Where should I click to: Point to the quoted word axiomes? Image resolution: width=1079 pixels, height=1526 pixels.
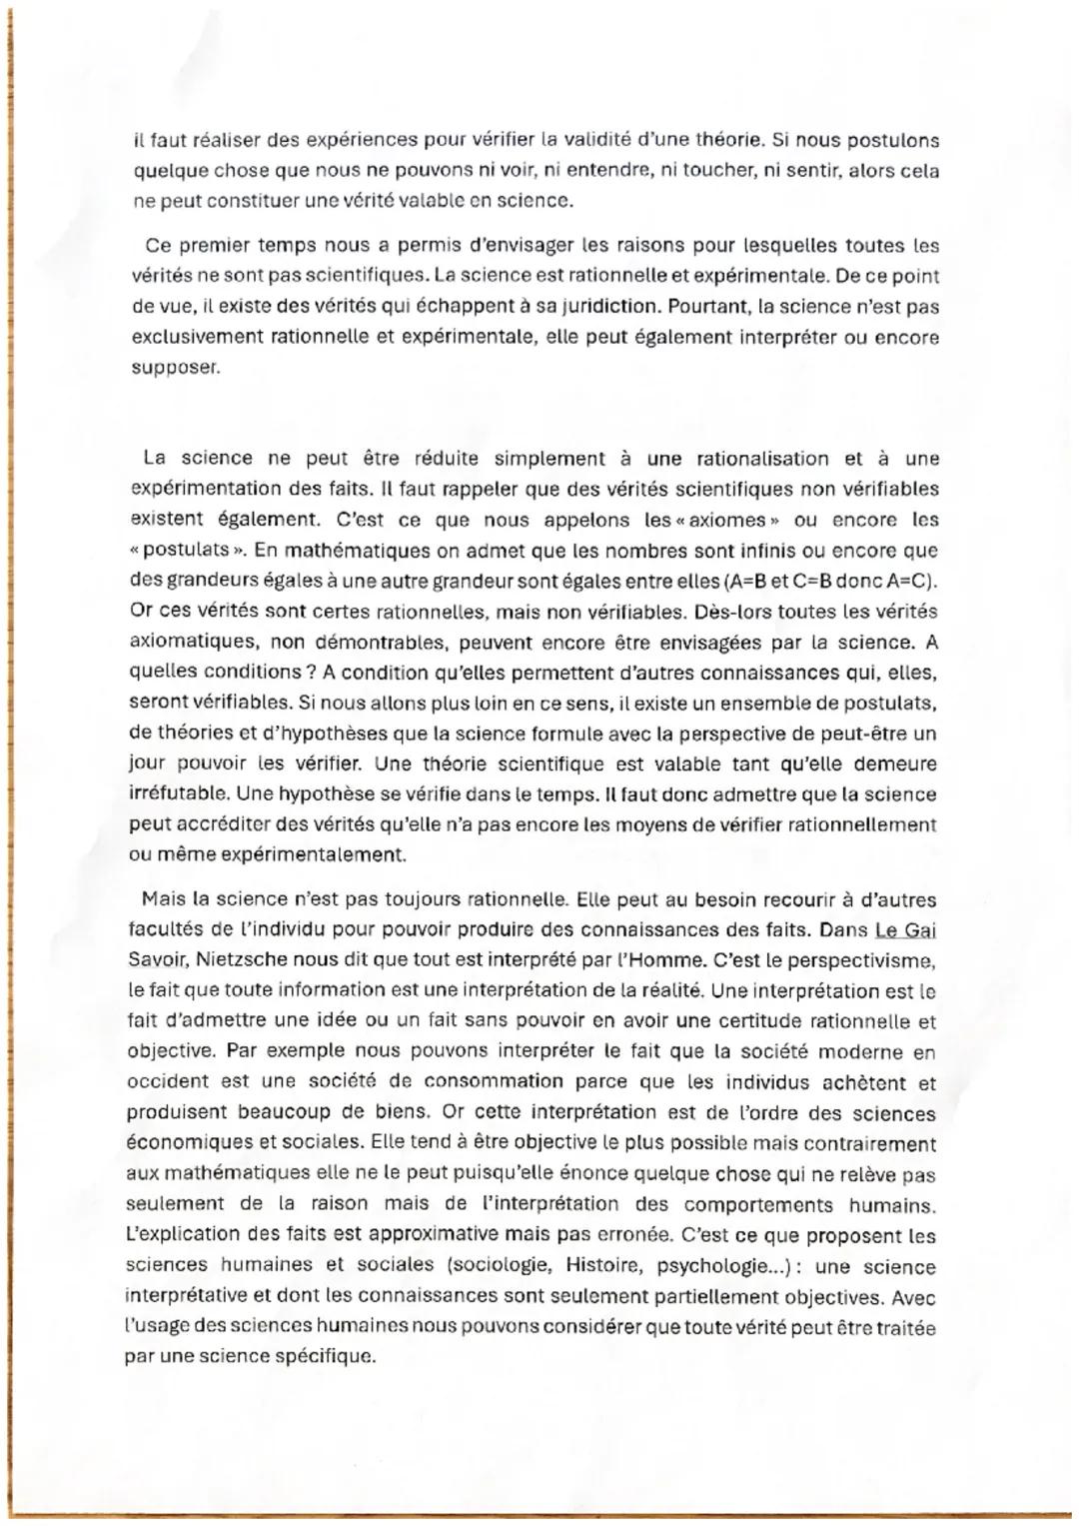(x=714, y=520)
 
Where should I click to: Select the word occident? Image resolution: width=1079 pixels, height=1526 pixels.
(x=168, y=1082)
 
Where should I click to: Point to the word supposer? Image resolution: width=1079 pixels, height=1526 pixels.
(x=173, y=367)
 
